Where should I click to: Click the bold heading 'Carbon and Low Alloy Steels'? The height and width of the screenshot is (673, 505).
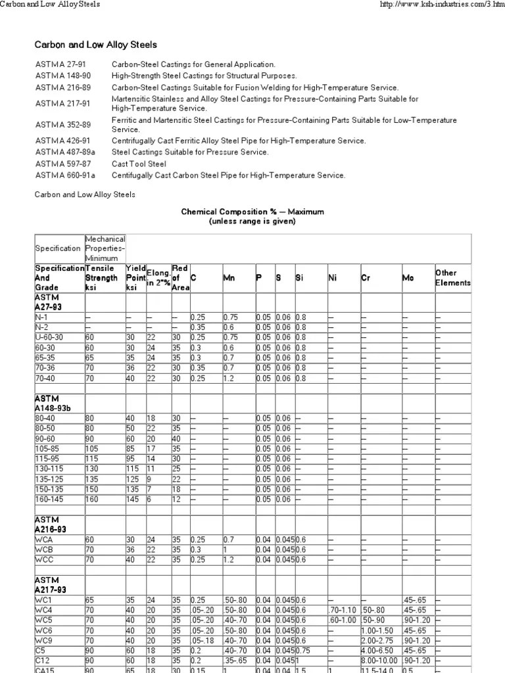[95, 45]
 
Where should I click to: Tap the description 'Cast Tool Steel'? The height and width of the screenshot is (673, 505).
[139, 164]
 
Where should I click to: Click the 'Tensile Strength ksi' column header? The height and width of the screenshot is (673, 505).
[102, 278]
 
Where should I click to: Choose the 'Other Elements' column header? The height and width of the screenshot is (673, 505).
[452, 278]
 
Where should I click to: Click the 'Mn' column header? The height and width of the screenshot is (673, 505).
[229, 278]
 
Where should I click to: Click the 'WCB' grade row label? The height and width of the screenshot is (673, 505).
[43, 549]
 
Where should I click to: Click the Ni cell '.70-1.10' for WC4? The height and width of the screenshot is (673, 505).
[343, 609]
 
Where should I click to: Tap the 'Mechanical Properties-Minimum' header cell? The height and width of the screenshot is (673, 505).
[105, 248]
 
